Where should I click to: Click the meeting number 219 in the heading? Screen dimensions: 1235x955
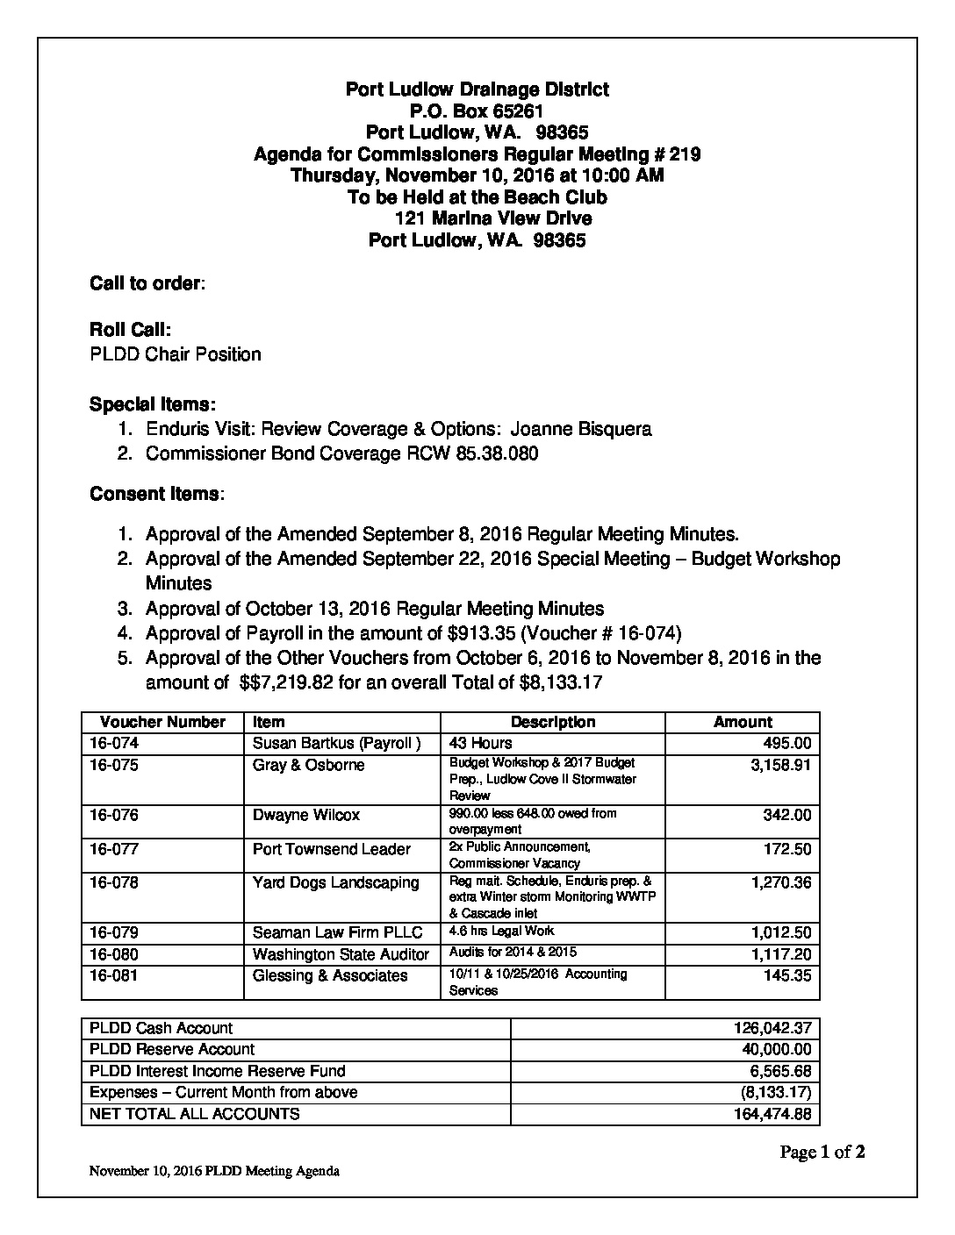(x=685, y=155)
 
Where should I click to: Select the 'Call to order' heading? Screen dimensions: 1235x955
(x=147, y=284)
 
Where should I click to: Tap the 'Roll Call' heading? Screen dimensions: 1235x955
(x=130, y=330)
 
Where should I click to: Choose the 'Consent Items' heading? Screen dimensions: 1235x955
(x=155, y=494)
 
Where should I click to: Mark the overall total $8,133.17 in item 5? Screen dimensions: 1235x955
(x=561, y=682)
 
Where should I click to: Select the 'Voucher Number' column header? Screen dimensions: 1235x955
(x=162, y=722)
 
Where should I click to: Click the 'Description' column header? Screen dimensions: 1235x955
(x=553, y=722)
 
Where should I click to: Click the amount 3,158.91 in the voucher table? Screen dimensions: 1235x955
(x=780, y=766)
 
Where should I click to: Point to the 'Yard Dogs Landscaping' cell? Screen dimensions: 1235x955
(x=335, y=882)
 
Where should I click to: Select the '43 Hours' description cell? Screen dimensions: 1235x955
(x=480, y=744)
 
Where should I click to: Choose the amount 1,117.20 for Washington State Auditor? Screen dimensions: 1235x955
(x=780, y=954)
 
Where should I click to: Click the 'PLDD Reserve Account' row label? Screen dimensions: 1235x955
(x=172, y=1049)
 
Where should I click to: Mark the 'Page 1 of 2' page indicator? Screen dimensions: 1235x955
(x=822, y=1153)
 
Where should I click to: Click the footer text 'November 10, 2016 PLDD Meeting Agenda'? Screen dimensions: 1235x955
(x=214, y=1172)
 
